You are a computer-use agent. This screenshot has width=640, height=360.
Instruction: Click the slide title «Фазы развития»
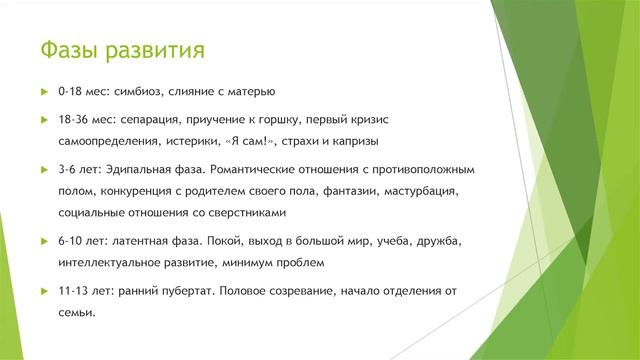click(x=122, y=49)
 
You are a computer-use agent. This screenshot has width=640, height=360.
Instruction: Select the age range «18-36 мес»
click(x=84, y=118)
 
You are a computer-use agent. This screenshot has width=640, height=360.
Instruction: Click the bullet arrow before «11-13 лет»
click(x=43, y=290)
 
